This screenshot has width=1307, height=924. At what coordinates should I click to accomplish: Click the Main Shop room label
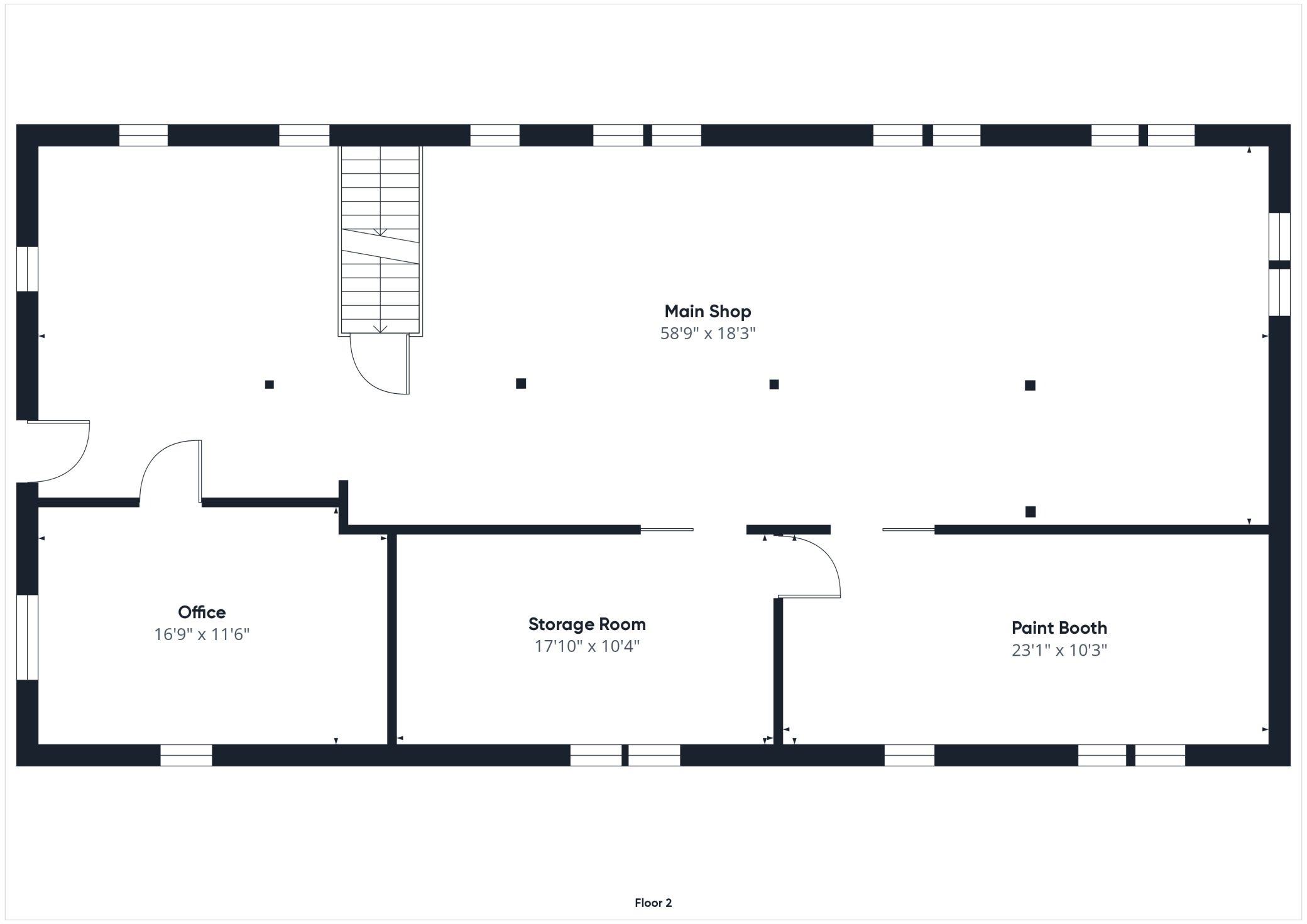coord(708,312)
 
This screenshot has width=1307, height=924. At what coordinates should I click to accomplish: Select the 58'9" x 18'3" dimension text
coord(708,334)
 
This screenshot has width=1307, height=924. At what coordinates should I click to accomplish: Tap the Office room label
coord(202,612)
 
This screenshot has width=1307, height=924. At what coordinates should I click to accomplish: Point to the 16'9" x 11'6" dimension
coord(202,634)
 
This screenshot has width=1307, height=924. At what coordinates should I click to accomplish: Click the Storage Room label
coord(587,624)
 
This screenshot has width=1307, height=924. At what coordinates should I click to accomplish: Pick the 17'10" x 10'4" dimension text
coord(587,646)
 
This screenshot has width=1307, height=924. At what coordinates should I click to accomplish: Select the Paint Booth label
coord(1059,628)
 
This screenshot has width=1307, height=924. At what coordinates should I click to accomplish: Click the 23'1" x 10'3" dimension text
coord(1059,650)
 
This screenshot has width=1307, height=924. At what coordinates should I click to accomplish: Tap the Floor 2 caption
coord(653,903)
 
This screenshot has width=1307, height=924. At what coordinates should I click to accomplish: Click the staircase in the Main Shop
coord(380,240)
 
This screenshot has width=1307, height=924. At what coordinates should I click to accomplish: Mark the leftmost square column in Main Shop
coord(270,384)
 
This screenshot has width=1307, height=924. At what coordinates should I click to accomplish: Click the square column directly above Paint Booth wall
coord(1031,512)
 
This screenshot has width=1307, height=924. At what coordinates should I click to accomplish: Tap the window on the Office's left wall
coord(28,637)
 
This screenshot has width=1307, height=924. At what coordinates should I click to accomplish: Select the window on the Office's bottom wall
coord(186,755)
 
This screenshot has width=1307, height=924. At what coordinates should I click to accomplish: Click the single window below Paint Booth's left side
coord(909,755)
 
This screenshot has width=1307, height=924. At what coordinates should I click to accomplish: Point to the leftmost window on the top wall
coord(143,135)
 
